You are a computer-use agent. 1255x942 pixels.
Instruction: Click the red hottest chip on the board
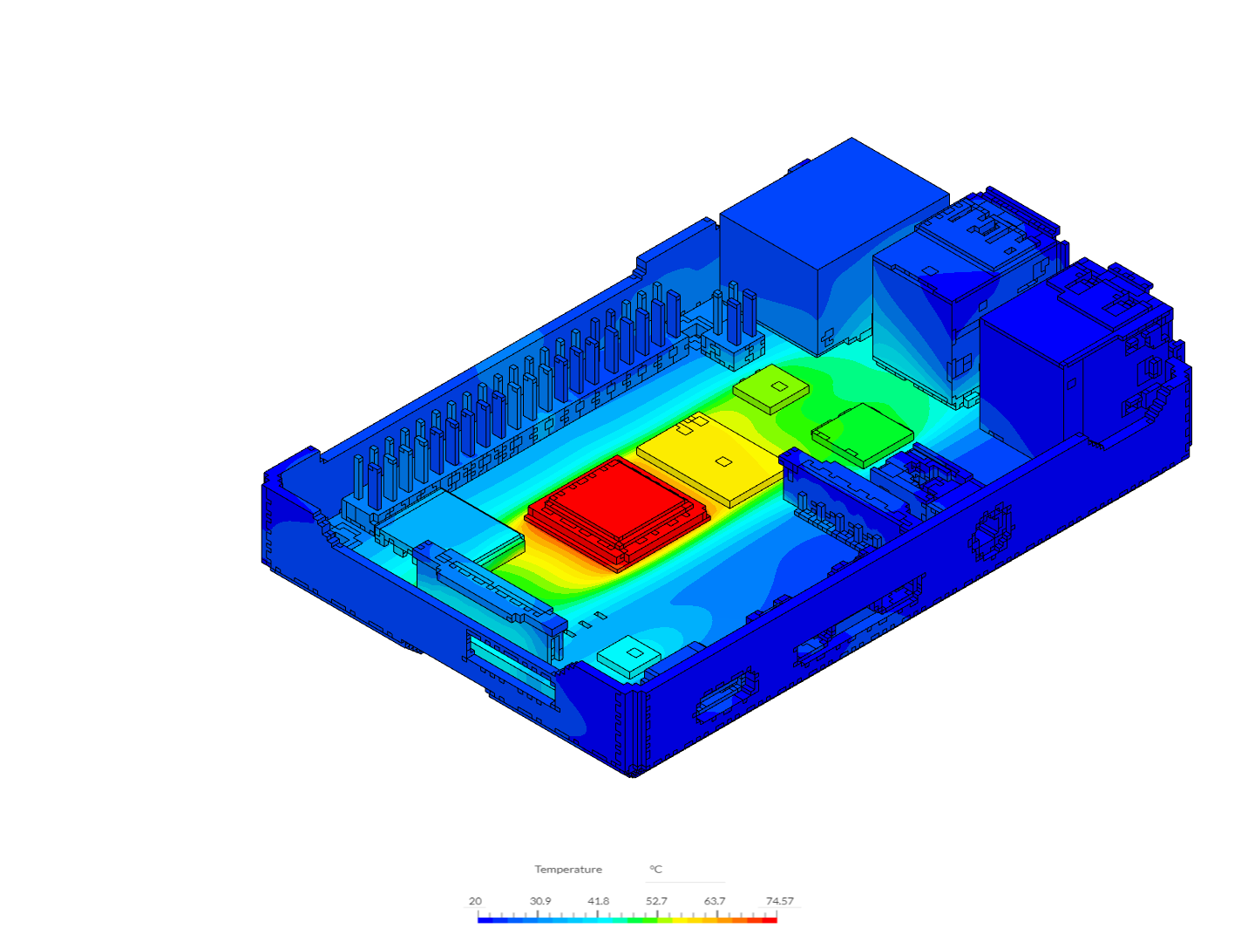pos(617,506)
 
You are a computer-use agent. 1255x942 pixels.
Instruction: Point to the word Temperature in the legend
pos(568,870)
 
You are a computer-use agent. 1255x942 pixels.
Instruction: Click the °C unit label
pos(655,870)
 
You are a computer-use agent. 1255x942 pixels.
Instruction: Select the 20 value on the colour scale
pos(475,901)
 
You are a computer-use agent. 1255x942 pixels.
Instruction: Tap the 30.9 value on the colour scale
pos(540,901)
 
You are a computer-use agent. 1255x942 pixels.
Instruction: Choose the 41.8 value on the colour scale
pos(599,901)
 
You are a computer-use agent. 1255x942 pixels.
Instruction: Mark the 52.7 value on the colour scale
pos(656,901)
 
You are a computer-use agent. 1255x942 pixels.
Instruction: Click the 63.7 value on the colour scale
pos(715,901)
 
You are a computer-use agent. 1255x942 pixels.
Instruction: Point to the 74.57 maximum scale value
pos(780,901)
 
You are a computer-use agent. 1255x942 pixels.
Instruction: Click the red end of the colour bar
pos(771,920)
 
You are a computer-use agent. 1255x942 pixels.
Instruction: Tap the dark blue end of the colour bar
pos(483,920)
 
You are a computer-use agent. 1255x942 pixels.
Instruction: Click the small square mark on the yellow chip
pos(722,461)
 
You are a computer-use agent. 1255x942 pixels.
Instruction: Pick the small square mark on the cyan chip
pos(636,652)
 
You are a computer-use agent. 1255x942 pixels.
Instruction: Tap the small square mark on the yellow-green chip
pos(779,385)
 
